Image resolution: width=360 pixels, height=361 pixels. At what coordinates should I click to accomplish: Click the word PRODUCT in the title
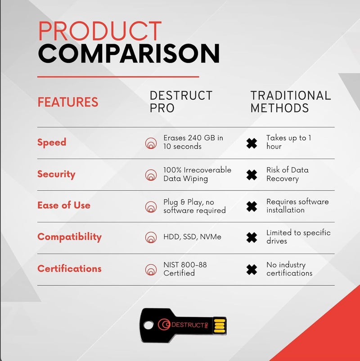99,31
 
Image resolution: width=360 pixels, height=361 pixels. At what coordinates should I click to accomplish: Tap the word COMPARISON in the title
129,54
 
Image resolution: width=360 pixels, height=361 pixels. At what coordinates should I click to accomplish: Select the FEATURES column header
67,102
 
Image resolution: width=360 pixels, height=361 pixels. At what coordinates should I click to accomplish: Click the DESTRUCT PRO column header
180,102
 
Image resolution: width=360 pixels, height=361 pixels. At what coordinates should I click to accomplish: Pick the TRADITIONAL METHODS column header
290,102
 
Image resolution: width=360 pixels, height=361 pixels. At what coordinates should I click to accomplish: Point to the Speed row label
52,143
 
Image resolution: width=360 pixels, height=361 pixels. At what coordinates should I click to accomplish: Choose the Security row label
56,174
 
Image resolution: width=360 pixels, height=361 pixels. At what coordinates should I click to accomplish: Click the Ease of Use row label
64,205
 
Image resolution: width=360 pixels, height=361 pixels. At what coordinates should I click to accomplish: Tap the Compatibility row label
69,237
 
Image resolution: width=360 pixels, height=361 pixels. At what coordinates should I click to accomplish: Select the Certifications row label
69,269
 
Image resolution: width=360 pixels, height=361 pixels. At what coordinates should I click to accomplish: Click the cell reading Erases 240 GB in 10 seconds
193,142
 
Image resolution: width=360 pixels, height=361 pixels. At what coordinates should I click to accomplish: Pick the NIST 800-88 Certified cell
185,269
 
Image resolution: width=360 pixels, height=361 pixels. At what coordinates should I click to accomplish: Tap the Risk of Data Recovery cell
287,174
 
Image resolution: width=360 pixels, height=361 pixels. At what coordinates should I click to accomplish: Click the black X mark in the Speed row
252,143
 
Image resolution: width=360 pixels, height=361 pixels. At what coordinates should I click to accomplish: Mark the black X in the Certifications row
252,270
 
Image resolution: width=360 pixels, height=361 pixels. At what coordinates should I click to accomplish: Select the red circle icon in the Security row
151,175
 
